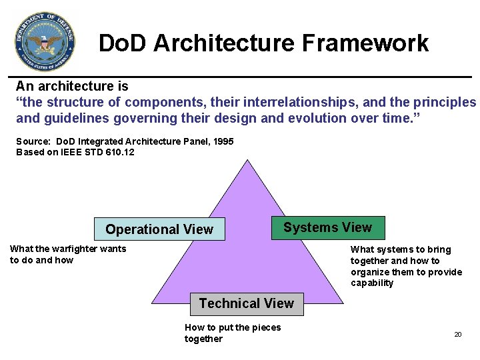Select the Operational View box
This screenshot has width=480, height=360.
point(159,229)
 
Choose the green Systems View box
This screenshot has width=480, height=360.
point(327,227)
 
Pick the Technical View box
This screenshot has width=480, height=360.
point(246,303)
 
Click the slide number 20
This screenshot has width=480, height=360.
point(458,334)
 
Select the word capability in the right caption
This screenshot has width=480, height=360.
point(372,283)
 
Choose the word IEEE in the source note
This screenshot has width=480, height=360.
point(67,152)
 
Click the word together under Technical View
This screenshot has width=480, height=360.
point(203,339)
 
